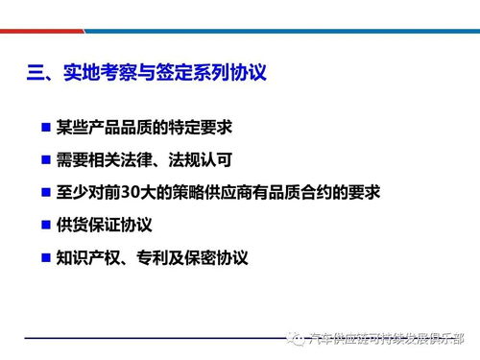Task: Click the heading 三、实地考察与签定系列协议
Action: pos(145,72)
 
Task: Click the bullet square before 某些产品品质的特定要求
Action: pos(45,126)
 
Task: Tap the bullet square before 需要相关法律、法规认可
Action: pos(45,158)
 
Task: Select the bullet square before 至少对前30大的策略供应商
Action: pos(45,191)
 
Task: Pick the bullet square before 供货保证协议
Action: pos(45,225)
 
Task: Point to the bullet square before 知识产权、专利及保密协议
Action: pos(45,257)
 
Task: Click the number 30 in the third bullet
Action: pos(141,192)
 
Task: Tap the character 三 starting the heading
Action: pos(36,72)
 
